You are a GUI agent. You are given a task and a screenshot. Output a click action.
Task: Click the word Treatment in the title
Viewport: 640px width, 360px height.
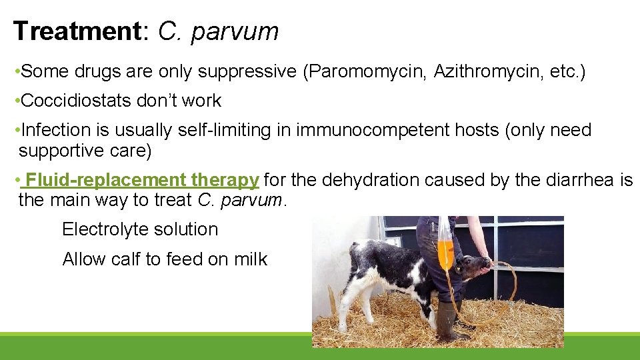point(77,31)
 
